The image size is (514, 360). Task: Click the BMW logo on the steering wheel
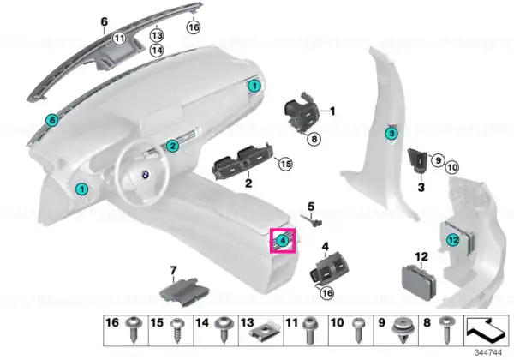click(145, 175)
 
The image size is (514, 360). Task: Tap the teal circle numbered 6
click(52, 120)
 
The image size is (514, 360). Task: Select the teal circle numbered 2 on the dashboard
click(172, 146)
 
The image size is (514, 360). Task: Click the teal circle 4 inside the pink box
click(282, 241)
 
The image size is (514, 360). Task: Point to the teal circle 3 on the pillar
click(391, 134)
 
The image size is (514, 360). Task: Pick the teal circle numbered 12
click(453, 240)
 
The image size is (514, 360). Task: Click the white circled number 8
click(314, 139)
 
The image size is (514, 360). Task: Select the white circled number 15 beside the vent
click(285, 163)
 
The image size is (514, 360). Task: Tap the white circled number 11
click(119, 39)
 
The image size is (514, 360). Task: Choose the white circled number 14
click(157, 51)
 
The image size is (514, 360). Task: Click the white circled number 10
click(452, 167)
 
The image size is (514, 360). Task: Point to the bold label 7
click(173, 271)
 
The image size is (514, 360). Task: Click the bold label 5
click(311, 207)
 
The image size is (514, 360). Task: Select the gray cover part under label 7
click(185, 291)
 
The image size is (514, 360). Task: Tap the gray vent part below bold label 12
click(419, 283)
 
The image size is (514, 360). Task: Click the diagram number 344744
click(488, 353)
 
